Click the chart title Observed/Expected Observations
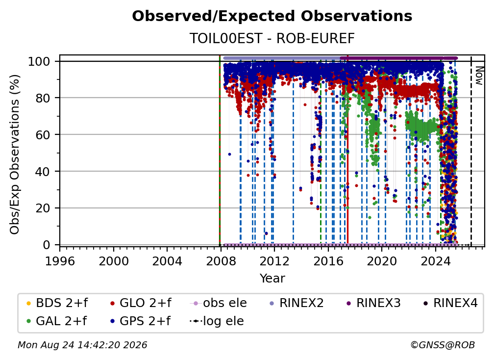click(x=272, y=16)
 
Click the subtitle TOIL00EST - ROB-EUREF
click(x=272, y=38)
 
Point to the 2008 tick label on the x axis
click(x=221, y=261)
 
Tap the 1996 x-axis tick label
click(x=60, y=261)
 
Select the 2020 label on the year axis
click(x=381, y=261)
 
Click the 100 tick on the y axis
click(x=39, y=61)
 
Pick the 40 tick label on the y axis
click(x=43, y=172)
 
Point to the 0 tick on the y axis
click(x=47, y=245)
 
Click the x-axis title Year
click(x=272, y=279)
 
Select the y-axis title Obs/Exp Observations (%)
click(x=15, y=154)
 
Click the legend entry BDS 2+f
click(x=57, y=303)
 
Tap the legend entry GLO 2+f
click(x=141, y=303)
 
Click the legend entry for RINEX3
click(x=373, y=303)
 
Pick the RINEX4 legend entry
click(x=450, y=303)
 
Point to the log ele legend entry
click(x=217, y=321)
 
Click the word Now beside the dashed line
click(x=479, y=76)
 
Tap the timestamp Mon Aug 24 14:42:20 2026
click(x=82, y=345)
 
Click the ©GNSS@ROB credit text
click(x=443, y=345)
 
